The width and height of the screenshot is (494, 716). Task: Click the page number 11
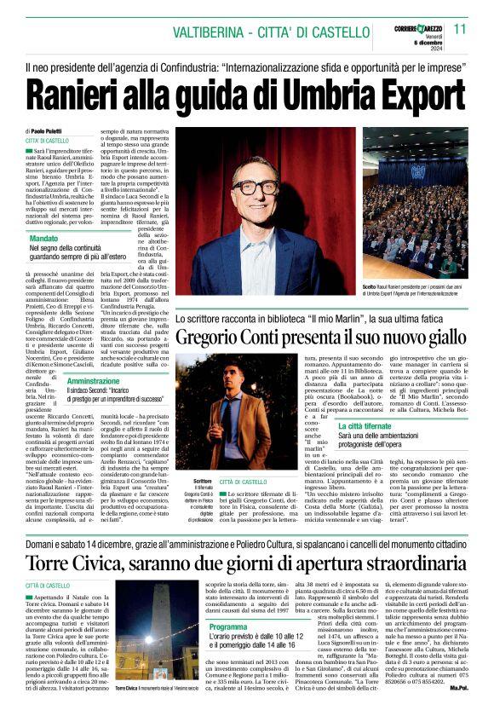461,29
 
